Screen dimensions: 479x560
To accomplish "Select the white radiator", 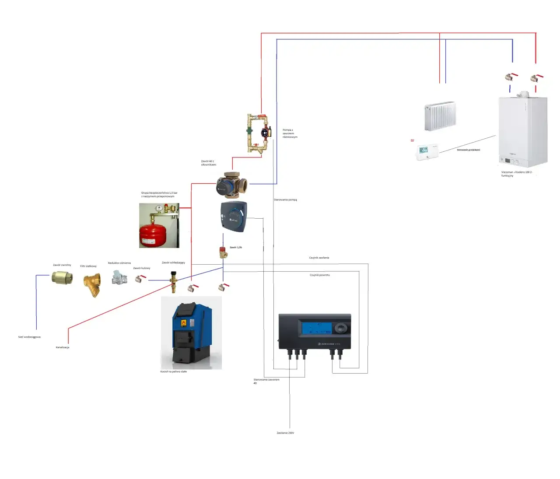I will pyautogui.click(x=440, y=116).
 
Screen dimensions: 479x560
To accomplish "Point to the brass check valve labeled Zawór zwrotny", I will pyautogui.click(x=62, y=277).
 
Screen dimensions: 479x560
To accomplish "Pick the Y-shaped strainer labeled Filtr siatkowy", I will pyautogui.click(x=92, y=284).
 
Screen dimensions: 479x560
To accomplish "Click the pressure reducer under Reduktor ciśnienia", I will pyautogui.click(x=119, y=277).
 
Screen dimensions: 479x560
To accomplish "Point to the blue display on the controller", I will pyautogui.click(x=315, y=328).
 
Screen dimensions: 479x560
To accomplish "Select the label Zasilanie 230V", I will pyautogui.click(x=285, y=433).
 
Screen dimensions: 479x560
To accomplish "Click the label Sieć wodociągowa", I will pyautogui.click(x=29, y=337).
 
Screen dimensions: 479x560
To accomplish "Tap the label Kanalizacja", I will pyautogui.click(x=63, y=347).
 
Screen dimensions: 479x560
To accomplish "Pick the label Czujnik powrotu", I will pyautogui.click(x=319, y=275).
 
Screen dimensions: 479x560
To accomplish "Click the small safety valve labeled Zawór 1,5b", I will pyautogui.click(x=224, y=252).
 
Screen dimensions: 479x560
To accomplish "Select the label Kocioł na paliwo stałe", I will pyautogui.click(x=173, y=372).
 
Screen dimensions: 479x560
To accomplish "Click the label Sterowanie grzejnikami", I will pyautogui.click(x=468, y=150).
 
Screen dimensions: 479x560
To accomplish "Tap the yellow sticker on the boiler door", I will pyautogui.click(x=184, y=323).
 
